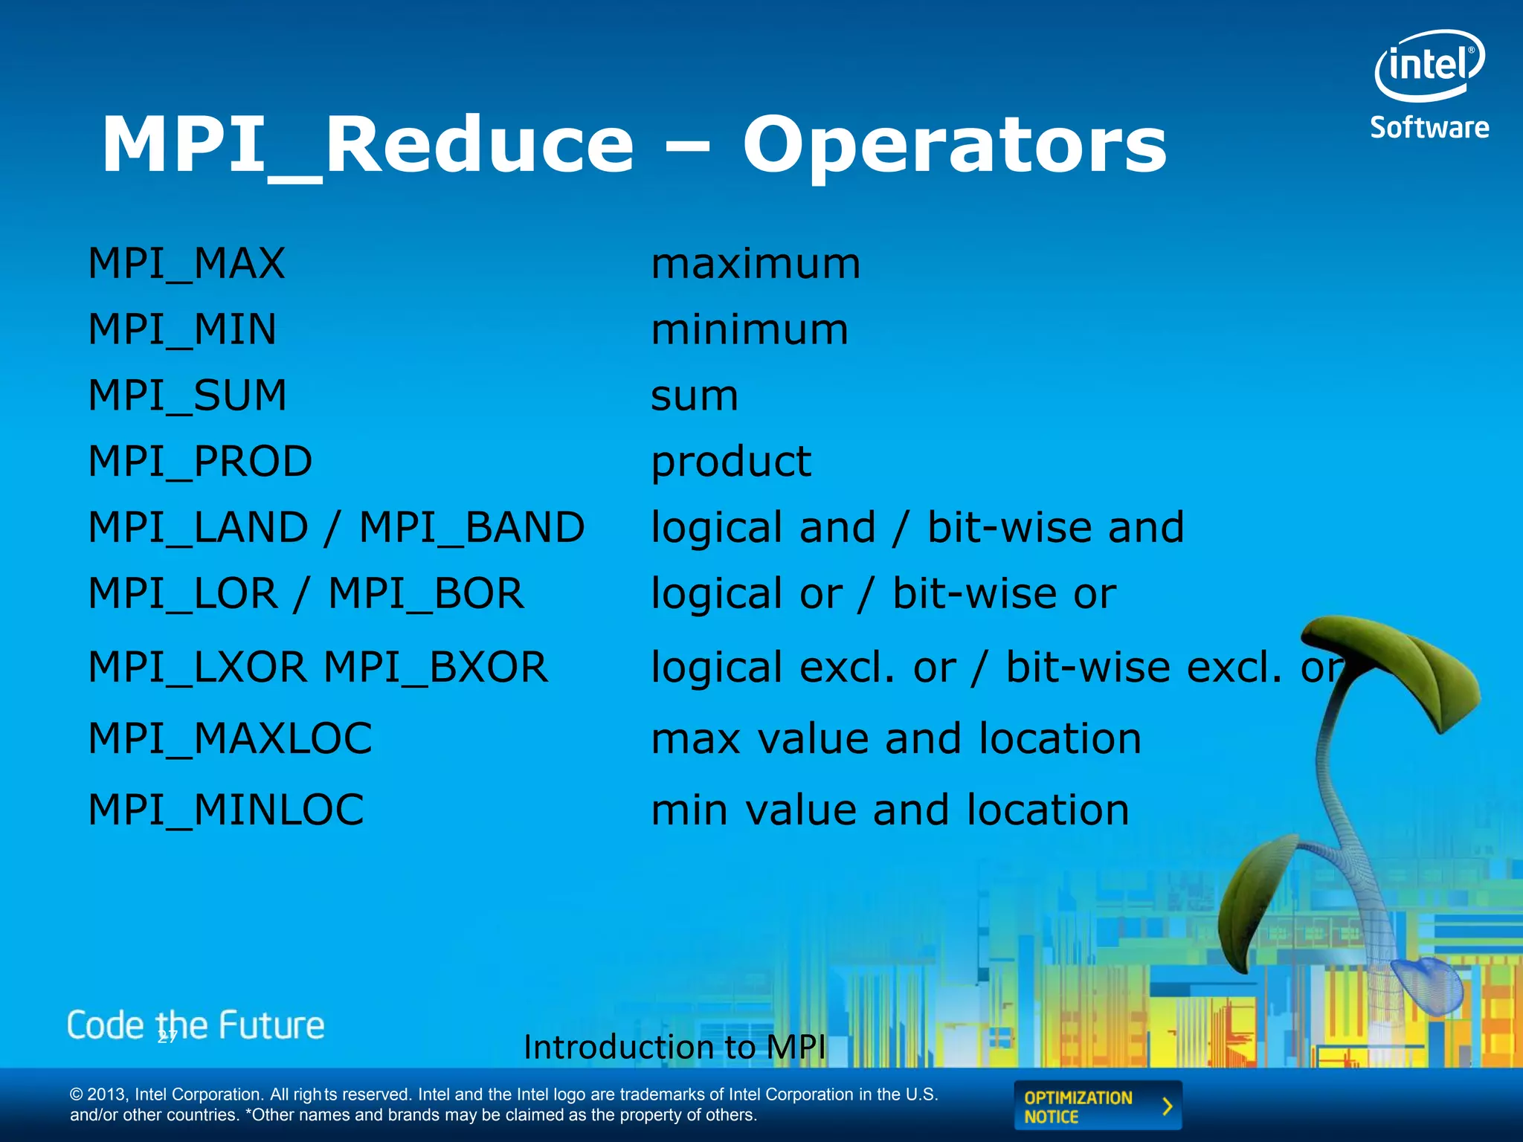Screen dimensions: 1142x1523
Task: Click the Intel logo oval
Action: pyautogui.click(x=1429, y=65)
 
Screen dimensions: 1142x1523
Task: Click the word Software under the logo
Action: pyautogui.click(x=1429, y=128)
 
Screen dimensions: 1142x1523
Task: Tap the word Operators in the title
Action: pyautogui.click(x=954, y=146)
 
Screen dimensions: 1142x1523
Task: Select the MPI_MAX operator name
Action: pyautogui.click(x=187, y=264)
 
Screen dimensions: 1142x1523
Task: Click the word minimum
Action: pyautogui.click(x=749, y=330)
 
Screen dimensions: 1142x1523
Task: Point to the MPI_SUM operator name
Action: pyautogui.click(x=187, y=396)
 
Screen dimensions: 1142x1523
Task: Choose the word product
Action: pyautogui.click(x=730, y=462)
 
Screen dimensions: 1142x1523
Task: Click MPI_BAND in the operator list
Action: pyautogui.click(x=471, y=528)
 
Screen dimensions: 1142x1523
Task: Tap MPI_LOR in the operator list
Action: pyautogui.click(x=183, y=594)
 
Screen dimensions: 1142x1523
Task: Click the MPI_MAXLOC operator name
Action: pyautogui.click(x=230, y=738)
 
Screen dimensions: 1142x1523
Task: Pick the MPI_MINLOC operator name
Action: pyautogui.click(x=226, y=810)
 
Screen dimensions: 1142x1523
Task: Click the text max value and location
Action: pyautogui.click(x=895, y=739)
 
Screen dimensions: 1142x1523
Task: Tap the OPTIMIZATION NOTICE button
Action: pyautogui.click(x=1097, y=1106)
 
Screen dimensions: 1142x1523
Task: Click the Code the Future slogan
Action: pyautogui.click(x=196, y=1025)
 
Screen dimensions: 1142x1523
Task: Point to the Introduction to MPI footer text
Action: pyautogui.click(x=674, y=1047)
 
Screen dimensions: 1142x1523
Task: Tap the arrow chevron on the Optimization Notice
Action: pyautogui.click(x=1167, y=1106)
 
